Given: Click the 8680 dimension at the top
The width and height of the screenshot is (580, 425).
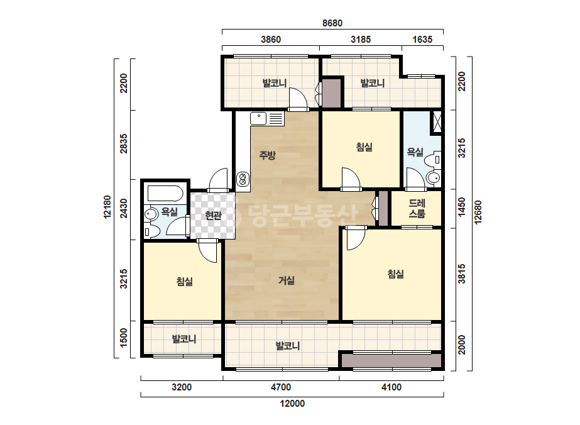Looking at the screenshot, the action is tap(332, 23).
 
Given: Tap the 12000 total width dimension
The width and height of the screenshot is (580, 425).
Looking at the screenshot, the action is tap(292, 404).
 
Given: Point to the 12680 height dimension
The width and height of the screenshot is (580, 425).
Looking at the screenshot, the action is tap(478, 212).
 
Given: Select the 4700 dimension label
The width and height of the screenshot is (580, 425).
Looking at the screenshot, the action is tap(281, 387).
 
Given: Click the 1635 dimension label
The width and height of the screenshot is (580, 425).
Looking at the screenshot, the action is tap(422, 39).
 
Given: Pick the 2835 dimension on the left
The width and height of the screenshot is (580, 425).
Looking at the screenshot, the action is tap(124, 143).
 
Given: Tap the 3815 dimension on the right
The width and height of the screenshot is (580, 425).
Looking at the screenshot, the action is tap(462, 274).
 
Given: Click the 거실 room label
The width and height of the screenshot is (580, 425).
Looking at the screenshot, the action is tap(287, 280).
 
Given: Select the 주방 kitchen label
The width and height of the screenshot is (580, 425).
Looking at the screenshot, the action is tap(267, 155).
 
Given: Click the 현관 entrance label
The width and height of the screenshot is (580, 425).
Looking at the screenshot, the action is tap(213, 215).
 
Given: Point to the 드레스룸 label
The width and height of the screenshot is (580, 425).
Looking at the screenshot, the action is tap(417, 209).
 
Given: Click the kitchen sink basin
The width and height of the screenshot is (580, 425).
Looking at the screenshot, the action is tap(258, 119).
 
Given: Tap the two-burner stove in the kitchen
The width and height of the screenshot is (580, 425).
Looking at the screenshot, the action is tap(243, 179).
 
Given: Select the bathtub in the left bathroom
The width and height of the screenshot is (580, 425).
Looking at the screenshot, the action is tap(165, 193).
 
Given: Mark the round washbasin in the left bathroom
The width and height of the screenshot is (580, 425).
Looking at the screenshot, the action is tap(150, 214).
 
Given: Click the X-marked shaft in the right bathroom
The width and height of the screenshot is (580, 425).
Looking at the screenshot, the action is tap(437, 122).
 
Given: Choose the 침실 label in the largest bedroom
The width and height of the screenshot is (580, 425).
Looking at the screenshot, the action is tap(395, 274).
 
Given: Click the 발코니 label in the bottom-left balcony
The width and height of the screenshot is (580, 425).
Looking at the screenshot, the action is tap(184, 339).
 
